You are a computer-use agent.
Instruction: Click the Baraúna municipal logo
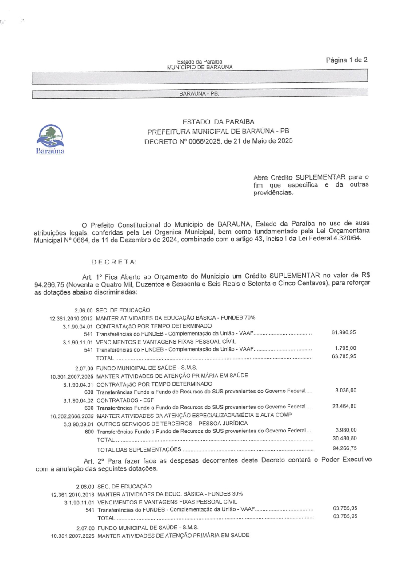tap(52, 137)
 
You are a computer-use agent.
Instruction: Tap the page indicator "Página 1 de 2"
tap(346, 60)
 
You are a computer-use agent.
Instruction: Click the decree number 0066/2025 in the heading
tap(198, 141)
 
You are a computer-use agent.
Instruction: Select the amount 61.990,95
tap(344, 332)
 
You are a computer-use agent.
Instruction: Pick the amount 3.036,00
tap(345, 390)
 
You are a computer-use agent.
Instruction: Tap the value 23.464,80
tap(344, 406)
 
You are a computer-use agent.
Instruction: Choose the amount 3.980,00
tap(345, 430)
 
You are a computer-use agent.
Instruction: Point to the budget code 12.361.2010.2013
tap(72, 494)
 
